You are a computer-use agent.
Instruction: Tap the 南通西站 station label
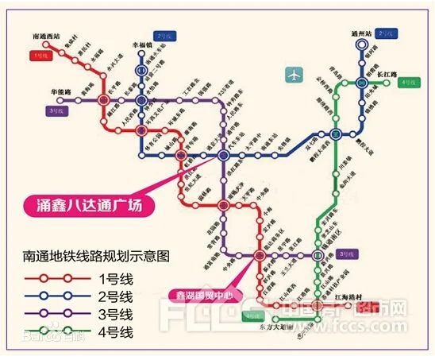coord(48,37)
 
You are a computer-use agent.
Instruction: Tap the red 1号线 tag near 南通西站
coord(40,56)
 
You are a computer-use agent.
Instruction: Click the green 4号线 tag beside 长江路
coord(410,82)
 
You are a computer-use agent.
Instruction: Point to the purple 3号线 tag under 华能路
coord(56,111)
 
